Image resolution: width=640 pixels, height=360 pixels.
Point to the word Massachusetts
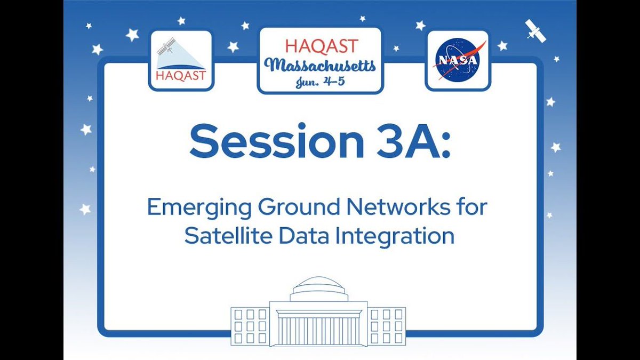[x=322, y=67]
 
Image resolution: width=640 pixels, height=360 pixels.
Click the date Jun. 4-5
[x=319, y=82]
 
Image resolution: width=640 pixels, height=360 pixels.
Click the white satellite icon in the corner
[x=535, y=30]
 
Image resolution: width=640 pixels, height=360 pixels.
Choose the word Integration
[x=391, y=236]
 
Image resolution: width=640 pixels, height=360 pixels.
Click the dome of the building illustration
[x=319, y=288]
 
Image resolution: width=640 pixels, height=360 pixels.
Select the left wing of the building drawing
[x=250, y=325]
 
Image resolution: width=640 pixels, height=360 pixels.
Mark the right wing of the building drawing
[x=388, y=325]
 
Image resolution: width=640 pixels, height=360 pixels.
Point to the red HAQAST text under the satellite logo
[x=180, y=76]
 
